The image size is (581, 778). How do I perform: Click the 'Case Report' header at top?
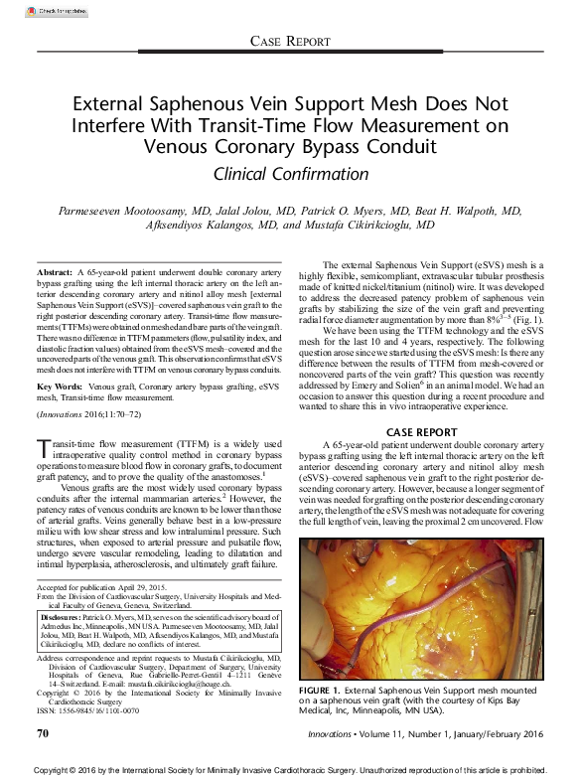[x=290, y=42]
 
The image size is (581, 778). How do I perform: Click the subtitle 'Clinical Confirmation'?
[x=290, y=174]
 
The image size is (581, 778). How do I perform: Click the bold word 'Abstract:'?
[x=54, y=272]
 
